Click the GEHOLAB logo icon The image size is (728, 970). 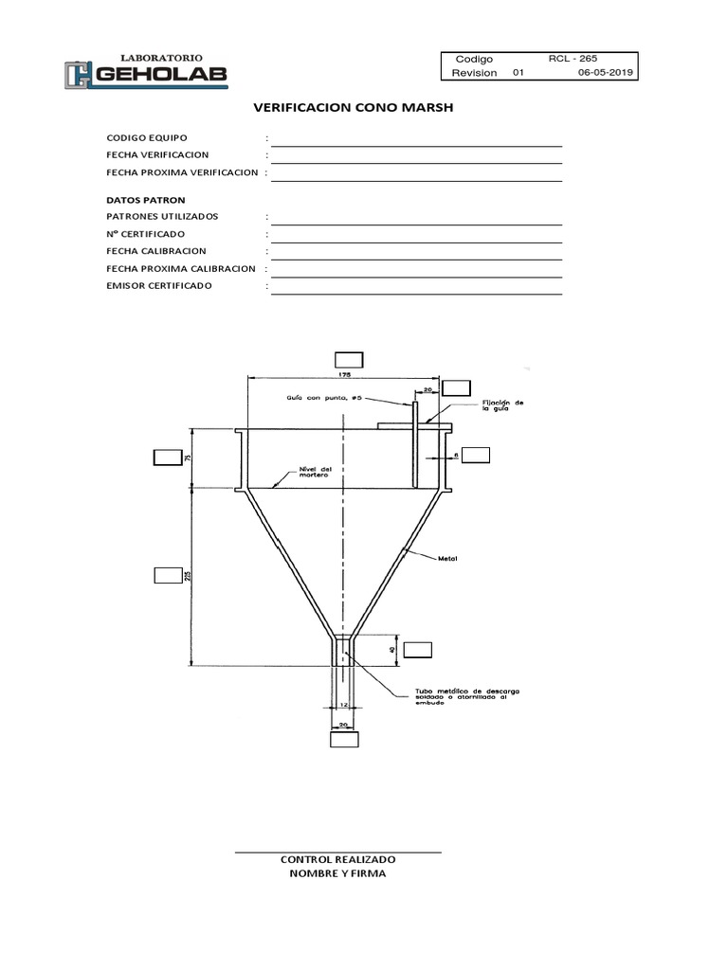[x=79, y=76]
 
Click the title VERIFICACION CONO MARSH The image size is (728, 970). [x=354, y=108]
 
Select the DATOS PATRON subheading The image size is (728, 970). [x=146, y=200]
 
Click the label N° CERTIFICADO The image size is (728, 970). [x=146, y=234]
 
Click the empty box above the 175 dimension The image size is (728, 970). [x=350, y=358]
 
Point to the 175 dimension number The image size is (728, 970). [x=344, y=375]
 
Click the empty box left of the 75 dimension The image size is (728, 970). [x=167, y=459]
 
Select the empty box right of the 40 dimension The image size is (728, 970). [x=417, y=649]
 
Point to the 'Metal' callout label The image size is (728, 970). [x=447, y=558]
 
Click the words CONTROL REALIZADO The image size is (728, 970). [x=337, y=859]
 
